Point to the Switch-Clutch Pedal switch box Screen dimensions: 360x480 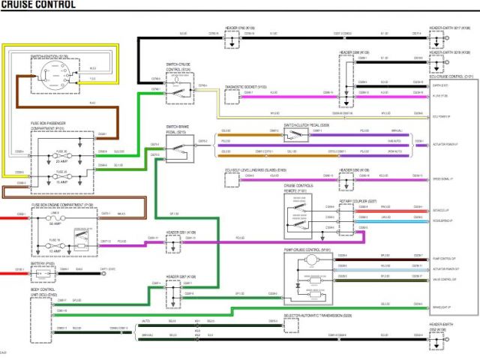pos(295,135)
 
